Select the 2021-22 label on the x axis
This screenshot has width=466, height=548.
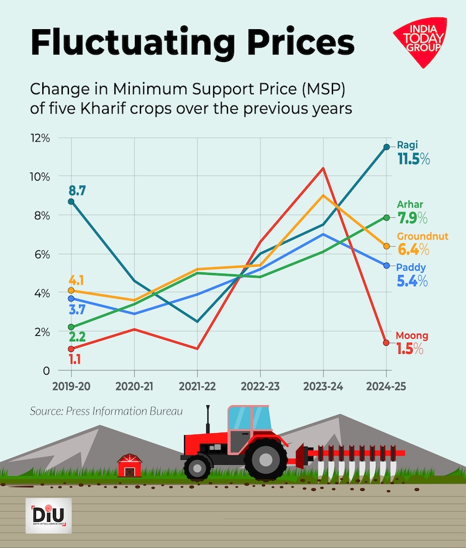pos(197,386)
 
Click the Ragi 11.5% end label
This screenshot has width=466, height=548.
pos(413,153)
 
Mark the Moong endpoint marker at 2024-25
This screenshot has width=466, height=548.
pos(386,343)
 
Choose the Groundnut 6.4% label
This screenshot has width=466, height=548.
pos(423,244)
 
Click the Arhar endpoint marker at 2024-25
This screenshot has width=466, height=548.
pos(386,218)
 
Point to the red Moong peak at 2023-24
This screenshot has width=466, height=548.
pos(323,168)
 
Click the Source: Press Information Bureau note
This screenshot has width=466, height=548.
pos(103,411)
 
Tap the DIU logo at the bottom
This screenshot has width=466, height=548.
pos(48,515)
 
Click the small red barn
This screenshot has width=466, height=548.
pos(130,465)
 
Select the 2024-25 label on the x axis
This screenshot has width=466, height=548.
pos(385,386)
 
